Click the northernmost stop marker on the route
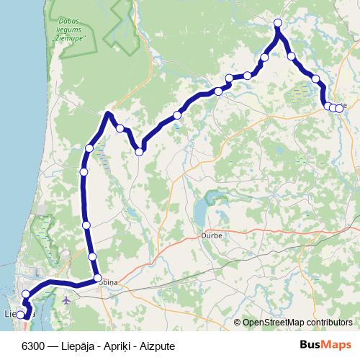[x=278, y=24]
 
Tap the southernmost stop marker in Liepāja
[x=21, y=315]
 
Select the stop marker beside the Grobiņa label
[x=97, y=278]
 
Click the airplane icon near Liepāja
[x=66, y=299]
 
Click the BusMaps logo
[x=328, y=344]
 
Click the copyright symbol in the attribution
[x=238, y=323]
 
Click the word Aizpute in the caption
[x=159, y=346]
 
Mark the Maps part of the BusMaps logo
[x=338, y=344]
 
